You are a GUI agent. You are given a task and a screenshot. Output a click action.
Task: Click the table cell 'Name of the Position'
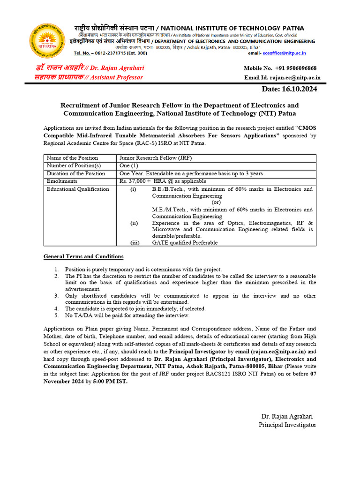point(72,158)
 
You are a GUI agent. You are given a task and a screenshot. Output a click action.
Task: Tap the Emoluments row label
point(62,181)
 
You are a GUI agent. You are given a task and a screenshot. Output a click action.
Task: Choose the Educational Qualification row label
point(78,189)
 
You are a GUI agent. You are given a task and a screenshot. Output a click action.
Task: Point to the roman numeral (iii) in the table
point(135,243)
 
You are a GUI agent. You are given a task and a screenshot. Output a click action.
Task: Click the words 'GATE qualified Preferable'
point(185,243)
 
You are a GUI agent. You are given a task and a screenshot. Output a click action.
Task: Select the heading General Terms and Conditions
point(83,256)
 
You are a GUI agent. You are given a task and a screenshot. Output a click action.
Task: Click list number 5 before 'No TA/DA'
point(56,315)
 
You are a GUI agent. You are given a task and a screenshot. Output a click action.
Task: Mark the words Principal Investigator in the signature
point(287,425)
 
